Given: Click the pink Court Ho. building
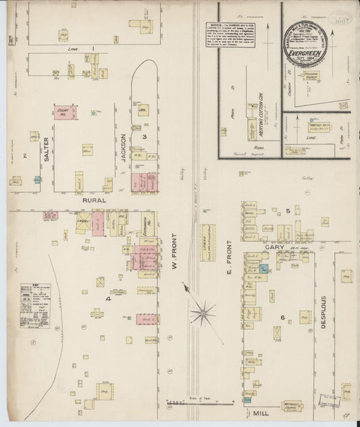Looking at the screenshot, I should (x=66, y=113).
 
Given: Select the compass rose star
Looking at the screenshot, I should (x=202, y=312).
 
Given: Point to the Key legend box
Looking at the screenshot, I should (x=34, y=305).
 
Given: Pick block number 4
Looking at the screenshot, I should (x=107, y=298).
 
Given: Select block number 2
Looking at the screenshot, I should (x=25, y=156).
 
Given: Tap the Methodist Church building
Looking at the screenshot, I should (x=292, y=406).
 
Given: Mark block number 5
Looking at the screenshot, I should (x=287, y=211).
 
